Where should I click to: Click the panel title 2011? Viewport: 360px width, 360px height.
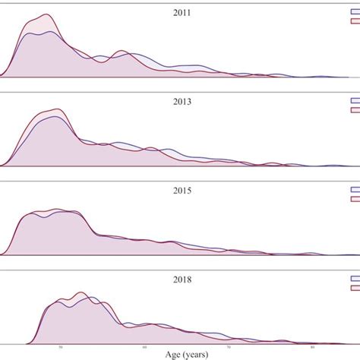[182, 13]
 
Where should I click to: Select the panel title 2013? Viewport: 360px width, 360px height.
[182, 102]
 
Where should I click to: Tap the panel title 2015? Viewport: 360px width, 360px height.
[182, 191]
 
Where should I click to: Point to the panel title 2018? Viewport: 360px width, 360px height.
[182, 279]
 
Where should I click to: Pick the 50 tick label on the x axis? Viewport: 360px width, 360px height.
[58, 345]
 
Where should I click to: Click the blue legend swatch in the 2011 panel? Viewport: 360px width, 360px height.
[354, 11]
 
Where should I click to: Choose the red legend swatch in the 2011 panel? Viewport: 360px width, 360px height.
[354, 21]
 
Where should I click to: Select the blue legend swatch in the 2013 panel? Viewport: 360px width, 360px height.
[354, 100]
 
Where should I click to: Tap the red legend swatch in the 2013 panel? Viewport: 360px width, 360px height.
[354, 110]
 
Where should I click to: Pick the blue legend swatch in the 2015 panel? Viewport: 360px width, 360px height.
[354, 190]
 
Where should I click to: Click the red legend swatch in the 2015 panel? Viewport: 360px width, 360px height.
[354, 200]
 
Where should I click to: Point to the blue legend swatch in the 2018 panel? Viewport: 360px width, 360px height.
[354, 279]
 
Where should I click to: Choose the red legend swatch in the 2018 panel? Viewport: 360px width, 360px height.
[354, 289]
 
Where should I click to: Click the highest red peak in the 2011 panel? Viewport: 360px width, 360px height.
[47, 14]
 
